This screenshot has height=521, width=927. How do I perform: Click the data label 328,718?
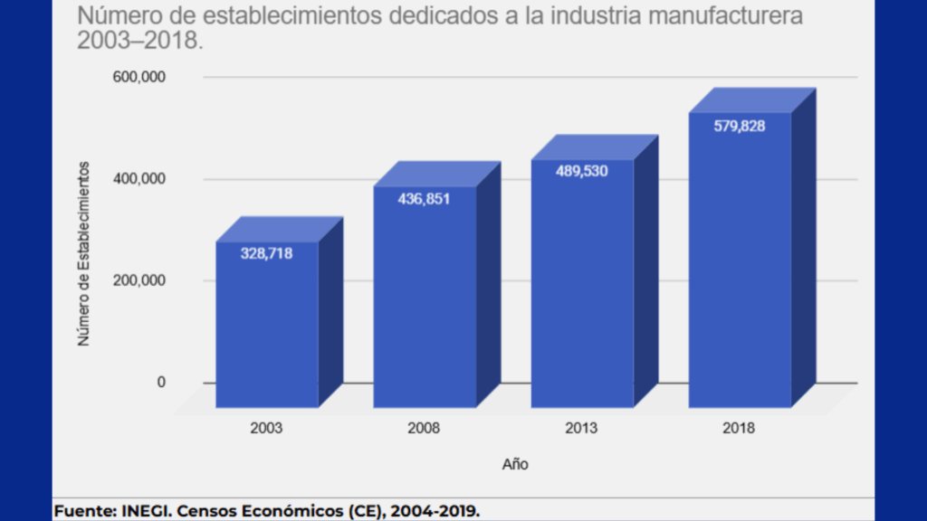267,253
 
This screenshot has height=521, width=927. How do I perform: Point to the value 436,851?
424,199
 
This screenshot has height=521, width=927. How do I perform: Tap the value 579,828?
739,126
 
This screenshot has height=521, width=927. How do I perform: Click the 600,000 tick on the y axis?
139,78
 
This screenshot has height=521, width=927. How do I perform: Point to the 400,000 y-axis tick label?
139,179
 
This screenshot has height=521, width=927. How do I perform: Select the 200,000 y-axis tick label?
139,280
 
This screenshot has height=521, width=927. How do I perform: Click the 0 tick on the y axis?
161,382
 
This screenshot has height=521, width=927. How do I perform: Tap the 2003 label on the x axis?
267,428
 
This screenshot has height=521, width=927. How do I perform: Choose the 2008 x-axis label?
425,428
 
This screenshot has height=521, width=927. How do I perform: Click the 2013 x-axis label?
582,428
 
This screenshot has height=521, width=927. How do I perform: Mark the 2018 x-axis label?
739,428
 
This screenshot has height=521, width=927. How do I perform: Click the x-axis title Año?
515,464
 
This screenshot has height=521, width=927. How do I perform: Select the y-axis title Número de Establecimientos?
84,253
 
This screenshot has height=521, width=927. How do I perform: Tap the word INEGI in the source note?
148,511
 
